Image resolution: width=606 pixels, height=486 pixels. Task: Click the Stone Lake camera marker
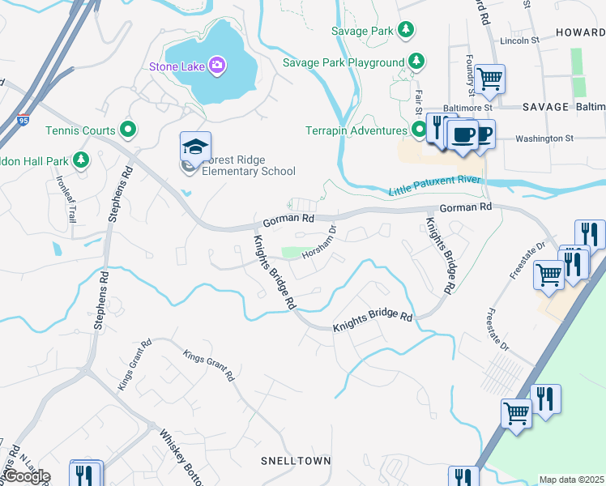click(216, 65)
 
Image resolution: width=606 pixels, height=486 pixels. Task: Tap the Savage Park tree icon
click(406, 31)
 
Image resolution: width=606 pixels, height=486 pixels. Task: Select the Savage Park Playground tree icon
click(416, 62)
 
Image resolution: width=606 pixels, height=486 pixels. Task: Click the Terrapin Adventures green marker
click(419, 130)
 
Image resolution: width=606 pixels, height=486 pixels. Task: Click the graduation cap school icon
click(195, 147)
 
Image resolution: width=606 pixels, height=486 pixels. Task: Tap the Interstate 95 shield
click(23, 120)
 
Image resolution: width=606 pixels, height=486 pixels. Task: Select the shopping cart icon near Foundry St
click(489, 79)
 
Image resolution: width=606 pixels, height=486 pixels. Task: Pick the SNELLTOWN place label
click(296, 461)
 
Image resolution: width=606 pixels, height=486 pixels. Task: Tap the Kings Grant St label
click(208, 365)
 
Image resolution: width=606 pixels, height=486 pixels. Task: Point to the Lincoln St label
click(519, 40)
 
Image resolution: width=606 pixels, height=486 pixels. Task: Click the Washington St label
click(544, 139)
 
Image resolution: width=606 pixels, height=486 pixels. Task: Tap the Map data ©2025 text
click(571, 480)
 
